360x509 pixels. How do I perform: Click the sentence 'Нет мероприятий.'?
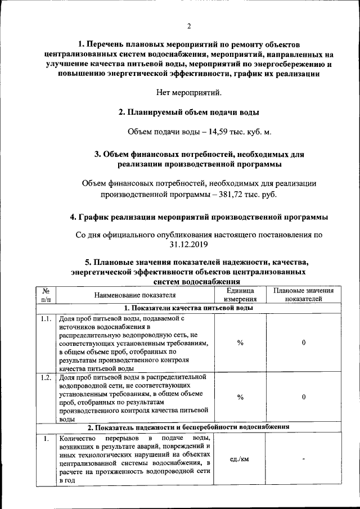tap(189, 92)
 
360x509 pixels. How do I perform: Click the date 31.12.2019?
tap(189, 244)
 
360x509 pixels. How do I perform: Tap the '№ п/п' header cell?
tap(46, 295)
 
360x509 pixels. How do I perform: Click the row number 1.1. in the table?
tap(46, 318)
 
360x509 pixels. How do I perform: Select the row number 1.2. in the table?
tap(46, 377)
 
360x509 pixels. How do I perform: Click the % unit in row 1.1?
tap(240, 343)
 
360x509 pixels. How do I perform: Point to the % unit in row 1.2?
tap(240, 397)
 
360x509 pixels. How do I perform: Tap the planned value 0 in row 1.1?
tap(303, 343)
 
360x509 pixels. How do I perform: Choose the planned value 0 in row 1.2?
tap(303, 397)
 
